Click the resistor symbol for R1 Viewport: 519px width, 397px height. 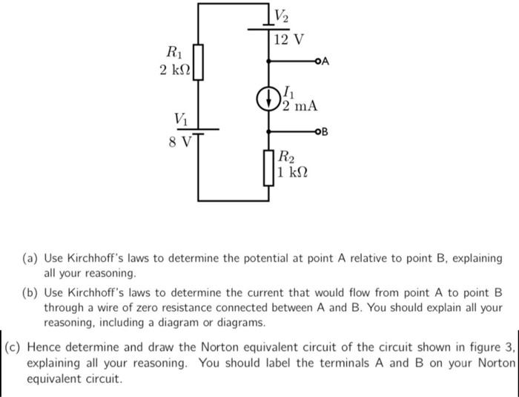198,60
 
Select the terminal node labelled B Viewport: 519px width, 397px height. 318,133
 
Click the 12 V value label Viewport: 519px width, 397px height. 288,39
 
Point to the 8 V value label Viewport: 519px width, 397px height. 179,140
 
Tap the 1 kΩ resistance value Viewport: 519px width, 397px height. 293,172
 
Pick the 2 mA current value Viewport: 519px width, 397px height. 300,106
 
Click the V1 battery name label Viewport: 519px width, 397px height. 181,119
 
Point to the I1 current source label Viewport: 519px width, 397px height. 289,92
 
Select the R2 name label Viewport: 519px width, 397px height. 287,157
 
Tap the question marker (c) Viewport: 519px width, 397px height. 14,346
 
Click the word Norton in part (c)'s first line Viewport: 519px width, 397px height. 205,346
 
